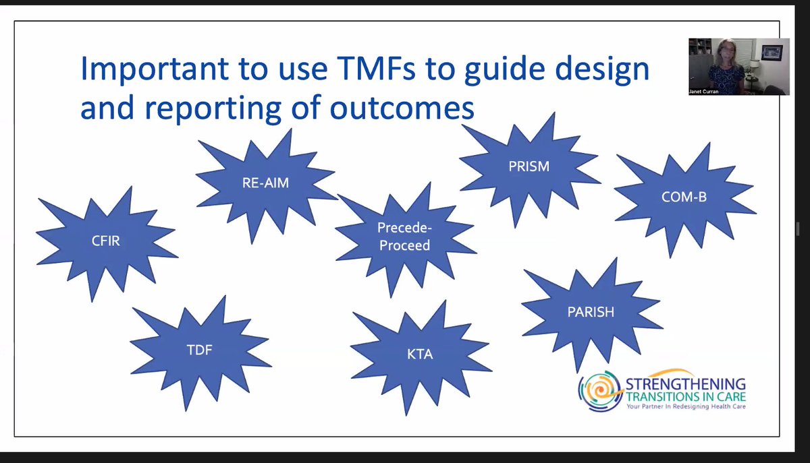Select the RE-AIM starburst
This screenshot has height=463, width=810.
(265, 182)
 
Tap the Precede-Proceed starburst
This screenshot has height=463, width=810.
(404, 237)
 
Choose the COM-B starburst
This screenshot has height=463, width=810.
(683, 197)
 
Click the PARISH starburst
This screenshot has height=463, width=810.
(590, 312)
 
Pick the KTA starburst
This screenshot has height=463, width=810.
(420, 354)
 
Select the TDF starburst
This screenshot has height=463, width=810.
(200, 350)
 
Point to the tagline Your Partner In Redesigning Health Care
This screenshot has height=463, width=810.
(685, 407)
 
